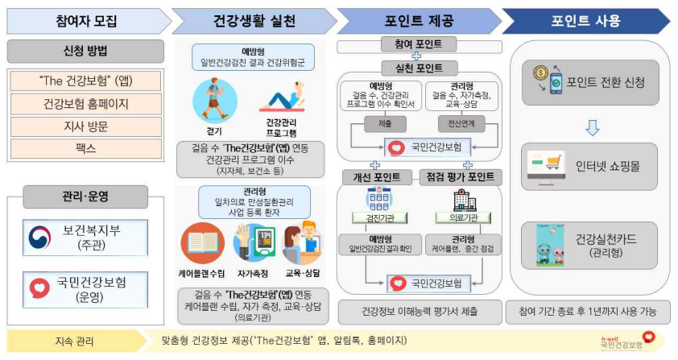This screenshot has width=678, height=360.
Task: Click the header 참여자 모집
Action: [x=85, y=20]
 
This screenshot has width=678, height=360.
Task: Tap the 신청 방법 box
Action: [x=85, y=52]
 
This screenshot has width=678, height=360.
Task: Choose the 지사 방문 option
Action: [x=85, y=126]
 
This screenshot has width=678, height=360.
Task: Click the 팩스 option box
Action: [x=85, y=148]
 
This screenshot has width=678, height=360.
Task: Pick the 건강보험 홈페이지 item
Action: [x=85, y=104]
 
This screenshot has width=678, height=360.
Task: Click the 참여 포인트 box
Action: [x=417, y=43]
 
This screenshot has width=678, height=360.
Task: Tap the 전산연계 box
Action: [x=457, y=123]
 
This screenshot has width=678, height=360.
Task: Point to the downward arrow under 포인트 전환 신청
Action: [x=591, y=126]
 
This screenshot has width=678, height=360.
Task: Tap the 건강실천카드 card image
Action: [x=555, y=246]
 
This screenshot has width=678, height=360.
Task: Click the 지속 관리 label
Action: [x=73, y=341]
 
